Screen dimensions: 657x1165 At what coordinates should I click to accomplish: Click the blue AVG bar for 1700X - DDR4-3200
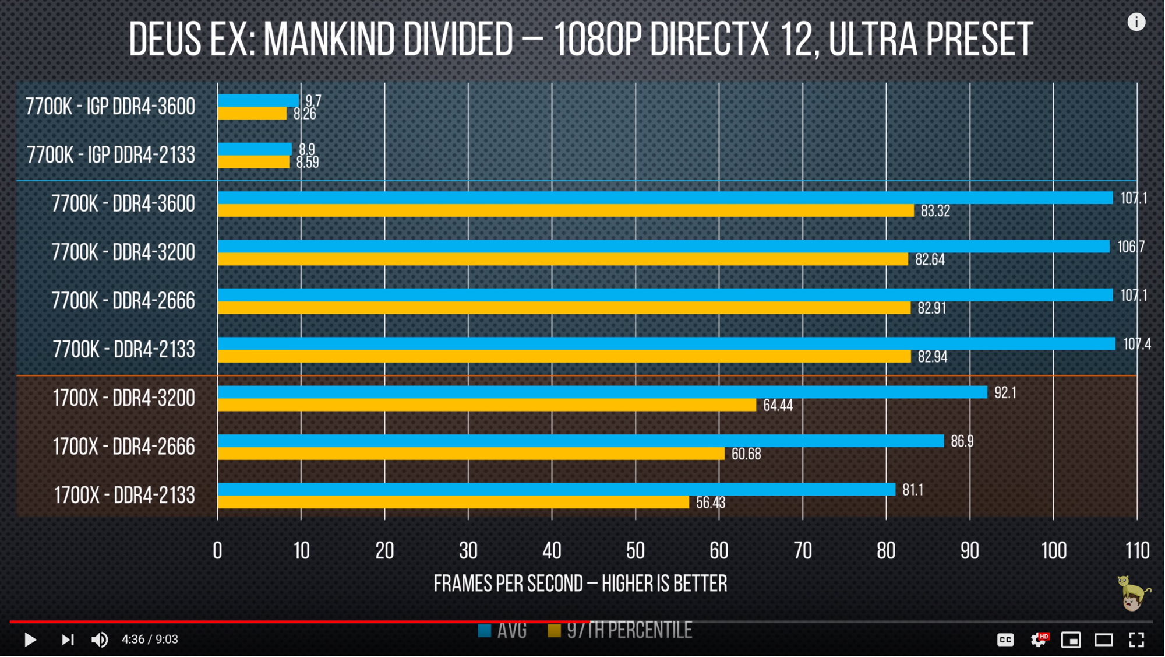[x=602, y=392]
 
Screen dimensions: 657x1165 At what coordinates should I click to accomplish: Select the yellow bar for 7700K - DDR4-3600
[x=565, y=210]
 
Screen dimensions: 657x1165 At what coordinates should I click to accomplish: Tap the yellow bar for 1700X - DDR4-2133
[x=453, y=502]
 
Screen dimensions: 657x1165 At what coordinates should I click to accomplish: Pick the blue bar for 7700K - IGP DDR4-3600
[x=258, y=100]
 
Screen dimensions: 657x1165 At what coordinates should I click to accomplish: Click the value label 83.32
[x=935, y=211]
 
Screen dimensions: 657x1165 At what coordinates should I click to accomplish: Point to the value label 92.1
[x=1005, y=392]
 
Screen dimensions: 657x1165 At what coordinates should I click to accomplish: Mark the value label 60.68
[x=746, y=454]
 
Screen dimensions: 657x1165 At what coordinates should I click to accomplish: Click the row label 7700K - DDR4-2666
[x=123, y=301]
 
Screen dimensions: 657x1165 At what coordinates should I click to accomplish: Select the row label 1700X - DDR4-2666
[x=123, y=447]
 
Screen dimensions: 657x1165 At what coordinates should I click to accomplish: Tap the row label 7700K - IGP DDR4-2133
[x=111, y=155]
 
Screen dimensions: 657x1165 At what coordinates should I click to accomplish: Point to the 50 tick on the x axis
[x=636, y=550]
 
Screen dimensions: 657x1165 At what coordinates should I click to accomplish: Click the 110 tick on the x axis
[x=1137, y=550]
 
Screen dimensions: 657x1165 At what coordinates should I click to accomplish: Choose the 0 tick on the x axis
[x=217, y=550]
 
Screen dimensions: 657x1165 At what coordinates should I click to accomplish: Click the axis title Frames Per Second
[x=580, y=583]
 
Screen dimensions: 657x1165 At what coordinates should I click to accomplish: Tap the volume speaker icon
[x=100, y=640]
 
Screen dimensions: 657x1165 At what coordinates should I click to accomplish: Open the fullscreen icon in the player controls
[x=1136, y=640]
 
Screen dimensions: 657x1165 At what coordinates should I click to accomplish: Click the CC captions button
[x=1005, y=640]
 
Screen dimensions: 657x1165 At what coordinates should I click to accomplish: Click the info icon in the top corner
[x=1136, y=22]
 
